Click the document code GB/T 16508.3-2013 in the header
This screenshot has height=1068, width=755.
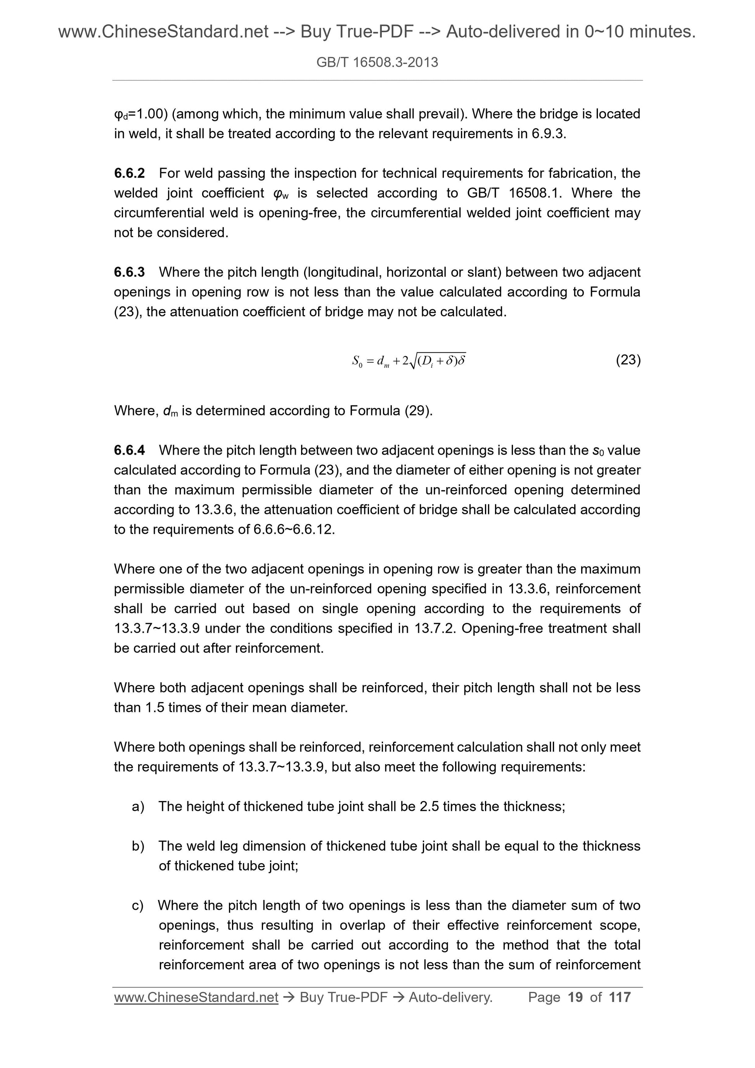377,62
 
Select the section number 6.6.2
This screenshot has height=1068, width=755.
129,173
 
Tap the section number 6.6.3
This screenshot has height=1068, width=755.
129,272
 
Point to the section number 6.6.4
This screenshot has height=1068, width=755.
129,450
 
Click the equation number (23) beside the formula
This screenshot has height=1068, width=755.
628,360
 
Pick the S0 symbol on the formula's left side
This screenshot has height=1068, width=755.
357,361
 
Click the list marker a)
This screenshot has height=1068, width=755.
138,806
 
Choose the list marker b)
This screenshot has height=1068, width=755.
138,846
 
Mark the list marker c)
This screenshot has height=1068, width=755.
138,905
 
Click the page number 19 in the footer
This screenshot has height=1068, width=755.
575,997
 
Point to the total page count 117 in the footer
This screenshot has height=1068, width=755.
620,997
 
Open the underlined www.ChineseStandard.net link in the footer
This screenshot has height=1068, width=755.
196,997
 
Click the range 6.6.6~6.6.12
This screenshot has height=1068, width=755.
294,530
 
